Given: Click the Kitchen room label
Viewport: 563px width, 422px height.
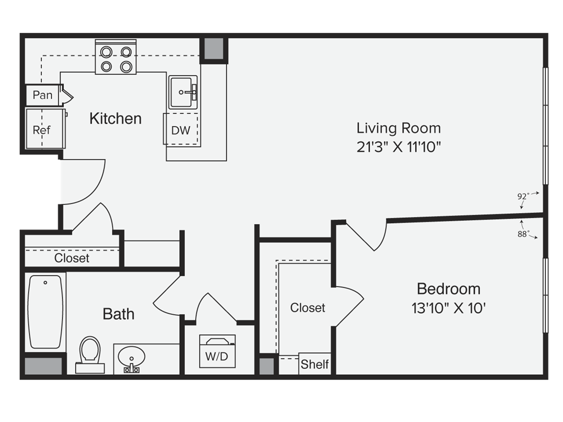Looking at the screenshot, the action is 115,119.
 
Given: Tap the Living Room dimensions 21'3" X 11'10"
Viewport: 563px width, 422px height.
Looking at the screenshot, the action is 399,147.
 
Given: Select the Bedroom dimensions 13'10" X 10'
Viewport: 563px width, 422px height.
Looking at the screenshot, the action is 449,308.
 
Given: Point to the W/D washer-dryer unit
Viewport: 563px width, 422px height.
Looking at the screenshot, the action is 217,351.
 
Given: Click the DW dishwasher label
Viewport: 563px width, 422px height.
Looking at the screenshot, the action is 180,130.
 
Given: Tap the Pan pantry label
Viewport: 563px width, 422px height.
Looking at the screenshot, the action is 42,95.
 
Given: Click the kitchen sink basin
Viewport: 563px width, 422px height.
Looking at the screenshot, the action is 183,92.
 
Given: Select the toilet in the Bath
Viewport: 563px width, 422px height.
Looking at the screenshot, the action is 90,354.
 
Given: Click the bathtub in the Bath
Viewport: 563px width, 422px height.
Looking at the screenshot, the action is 45,312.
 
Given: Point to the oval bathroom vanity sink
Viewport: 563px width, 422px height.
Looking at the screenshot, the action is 131,357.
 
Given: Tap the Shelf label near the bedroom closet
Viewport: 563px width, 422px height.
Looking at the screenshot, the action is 314,364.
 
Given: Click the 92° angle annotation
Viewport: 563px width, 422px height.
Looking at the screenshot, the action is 523,196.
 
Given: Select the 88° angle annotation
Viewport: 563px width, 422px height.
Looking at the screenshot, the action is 523,234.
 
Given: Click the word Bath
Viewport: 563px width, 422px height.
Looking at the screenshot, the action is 119,314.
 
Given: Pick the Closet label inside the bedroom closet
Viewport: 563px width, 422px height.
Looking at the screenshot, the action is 308,308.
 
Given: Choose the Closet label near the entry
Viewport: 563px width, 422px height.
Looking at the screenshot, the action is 72,258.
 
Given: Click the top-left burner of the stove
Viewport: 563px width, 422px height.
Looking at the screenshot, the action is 106,52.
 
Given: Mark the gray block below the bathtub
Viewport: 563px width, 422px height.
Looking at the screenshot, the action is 43,366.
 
